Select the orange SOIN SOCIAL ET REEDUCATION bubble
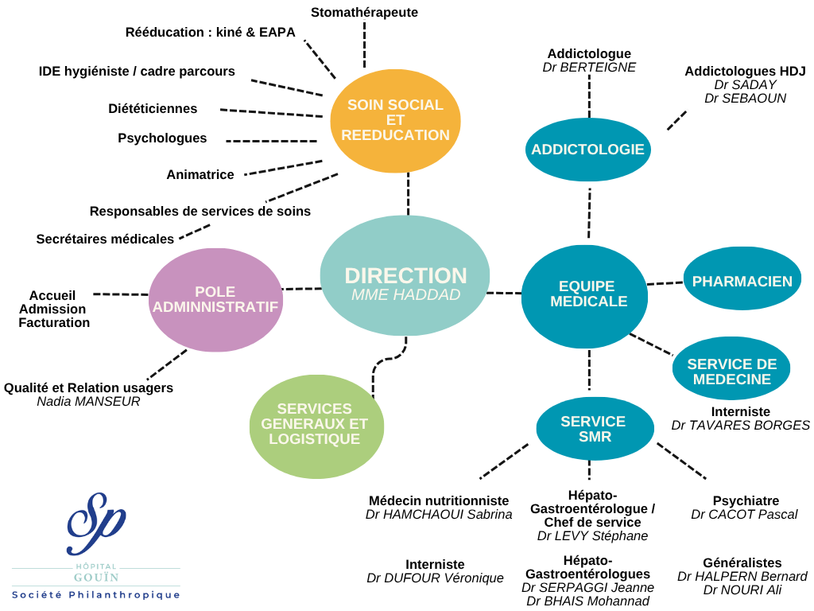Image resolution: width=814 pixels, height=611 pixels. click(x=395, y=120)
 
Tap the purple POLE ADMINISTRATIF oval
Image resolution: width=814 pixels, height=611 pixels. click(x=215, y=299)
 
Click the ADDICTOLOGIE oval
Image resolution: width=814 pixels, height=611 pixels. click(x=588, y=149)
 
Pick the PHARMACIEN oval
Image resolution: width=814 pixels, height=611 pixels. click(x=742, y=281)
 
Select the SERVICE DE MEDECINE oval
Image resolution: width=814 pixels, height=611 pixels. click(x=731, y=372)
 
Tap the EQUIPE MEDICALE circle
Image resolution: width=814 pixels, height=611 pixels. click(x=584, y=296)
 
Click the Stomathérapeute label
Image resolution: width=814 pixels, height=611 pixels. click(x=364, y=12)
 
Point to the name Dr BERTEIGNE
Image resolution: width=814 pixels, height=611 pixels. click(x=589, y=68)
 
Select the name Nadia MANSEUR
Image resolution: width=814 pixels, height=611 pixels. click(x=88, y=402)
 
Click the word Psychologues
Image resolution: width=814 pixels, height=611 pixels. click(x=162, y=138)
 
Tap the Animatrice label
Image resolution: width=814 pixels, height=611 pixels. click(x=200, y=174)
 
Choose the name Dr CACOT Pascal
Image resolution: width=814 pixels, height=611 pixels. click(x=744, y=515)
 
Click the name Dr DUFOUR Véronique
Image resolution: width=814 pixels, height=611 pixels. click(x=435, y=578)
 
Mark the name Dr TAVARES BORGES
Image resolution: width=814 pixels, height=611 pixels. click(x=740, y=426)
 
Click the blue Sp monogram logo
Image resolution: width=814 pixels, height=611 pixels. click(x=96, y=523)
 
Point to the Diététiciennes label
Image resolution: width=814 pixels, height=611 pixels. click(x=153, y=108)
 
